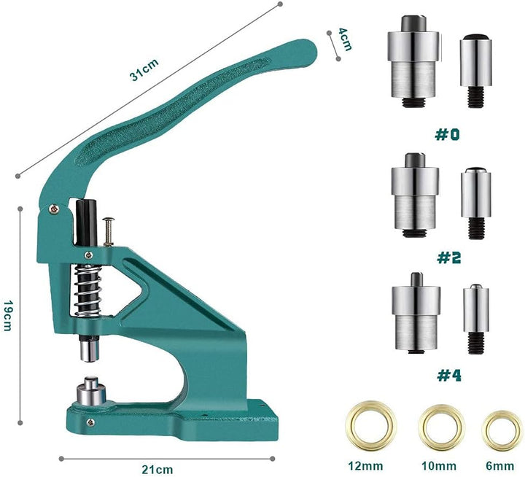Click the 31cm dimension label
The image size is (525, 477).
pyautogui.click(x=144, y=70)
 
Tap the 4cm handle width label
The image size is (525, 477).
pyautogui.click(x=345, y=39)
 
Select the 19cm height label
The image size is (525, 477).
pyautogui.click(x=8, y=315)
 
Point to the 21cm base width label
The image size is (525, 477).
pyautogui.click(x=157, y=470)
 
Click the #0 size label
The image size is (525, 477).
pyautogui.click(x=447, y=135)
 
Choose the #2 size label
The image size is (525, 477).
pyautogui.click(x=448, y=257)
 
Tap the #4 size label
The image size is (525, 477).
pyautogui.click(x=449, y=376)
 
